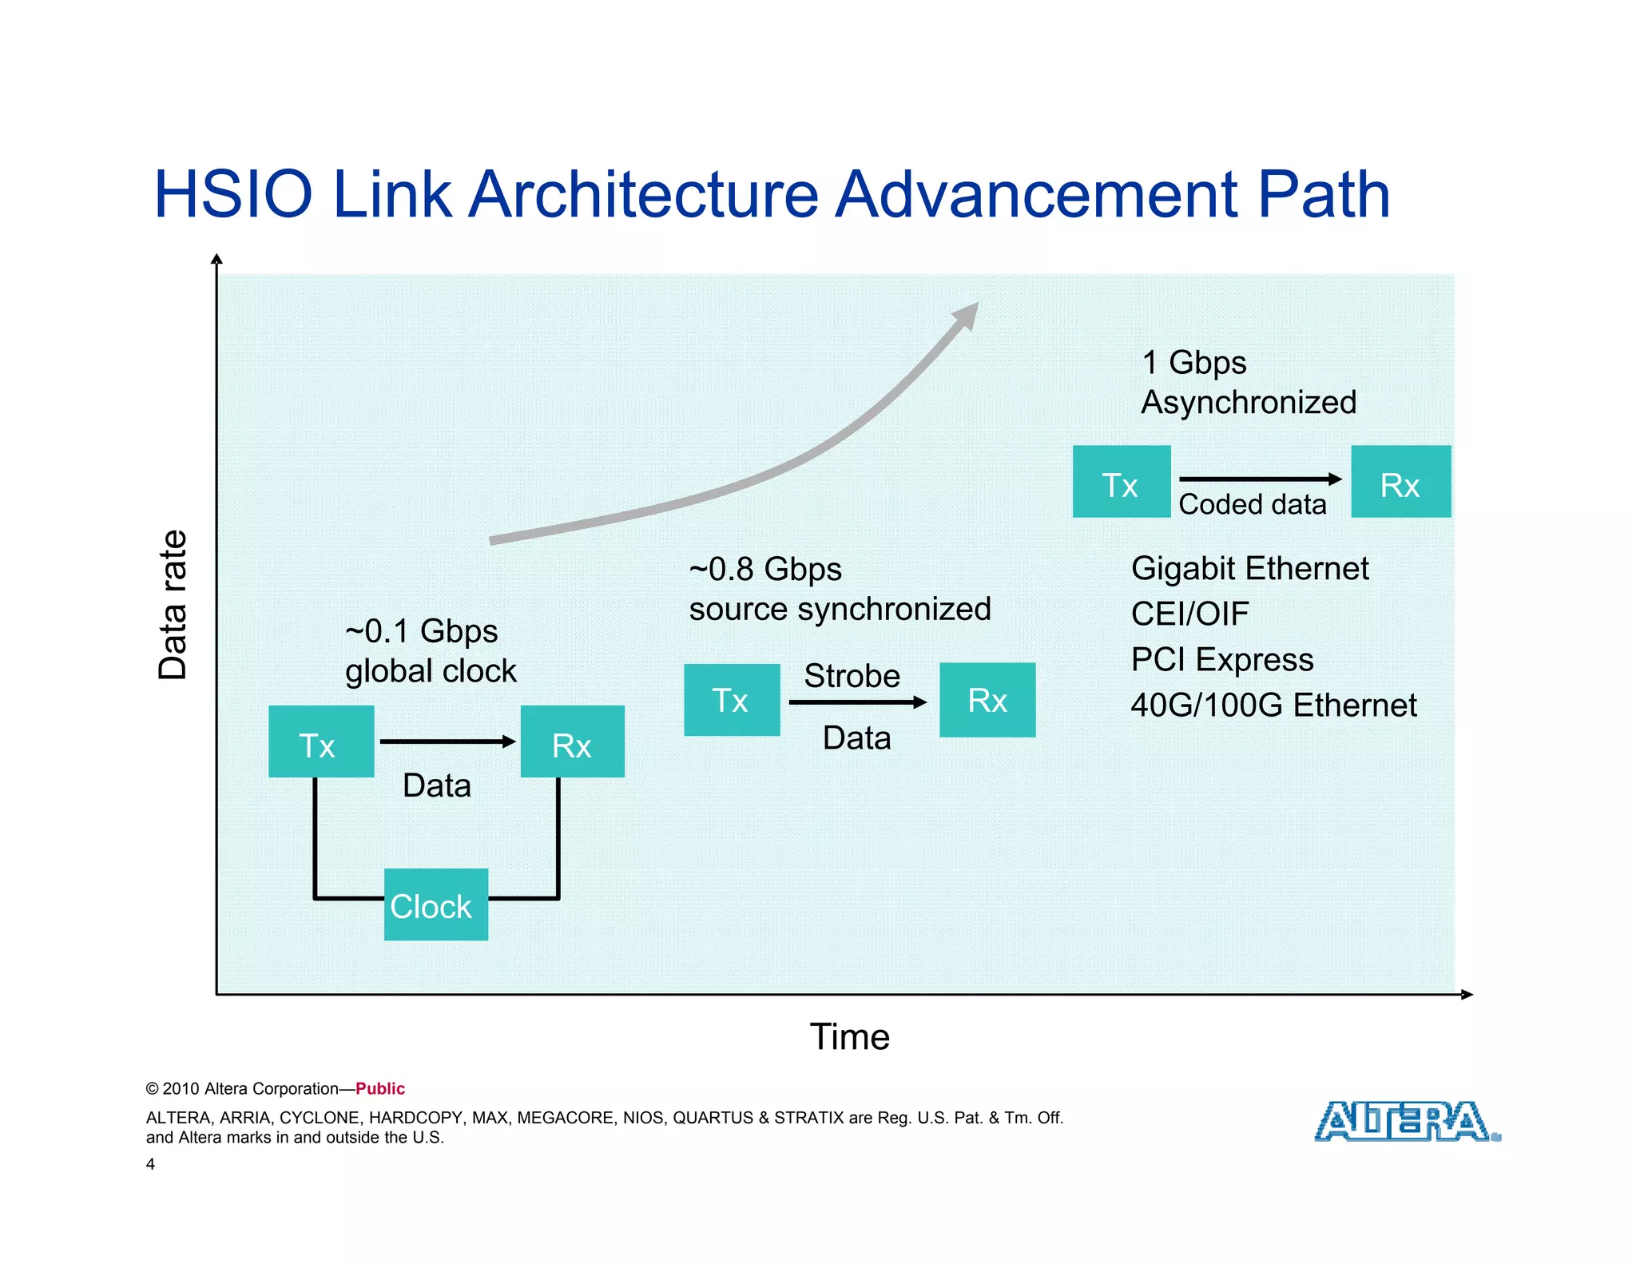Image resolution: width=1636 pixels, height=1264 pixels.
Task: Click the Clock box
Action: pyautogui.click(x=435, y=904)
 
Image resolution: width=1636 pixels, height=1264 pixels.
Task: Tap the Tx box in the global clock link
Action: pyautogui.click(x=321, y=741)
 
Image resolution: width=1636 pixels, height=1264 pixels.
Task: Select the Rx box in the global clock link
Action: pyautogui.click(x=572, y=741)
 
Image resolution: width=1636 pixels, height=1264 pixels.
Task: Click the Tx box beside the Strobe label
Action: pyautogui.click(x=731, y=700)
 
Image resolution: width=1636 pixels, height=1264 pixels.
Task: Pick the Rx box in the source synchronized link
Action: pyautogui.click(x=987, y=700)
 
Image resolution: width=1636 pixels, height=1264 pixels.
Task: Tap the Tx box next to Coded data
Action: pyautogui.click(x=1121, y=482)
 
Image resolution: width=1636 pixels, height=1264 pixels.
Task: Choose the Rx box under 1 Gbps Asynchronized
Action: pyautogui.click(x=1400, y=482)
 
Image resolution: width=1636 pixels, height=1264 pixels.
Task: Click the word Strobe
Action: pyautogui.click(x=852, y=676)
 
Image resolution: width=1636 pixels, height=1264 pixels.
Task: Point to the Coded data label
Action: pyautogui.click(x=1252, y=505)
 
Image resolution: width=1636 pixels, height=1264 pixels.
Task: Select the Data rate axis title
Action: pyautogui.click(x=173, y=605)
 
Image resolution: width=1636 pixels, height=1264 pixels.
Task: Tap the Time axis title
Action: pyautogui.click(x=849, y=1037)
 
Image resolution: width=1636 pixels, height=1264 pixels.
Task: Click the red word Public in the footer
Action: pyautogui.click(x=380, y=1088)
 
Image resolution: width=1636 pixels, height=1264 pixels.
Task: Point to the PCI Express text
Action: pyautogui.click(x=1221, y=660)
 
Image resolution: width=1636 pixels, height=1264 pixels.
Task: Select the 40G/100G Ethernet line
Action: pyautogui.click(x=1273, y=706)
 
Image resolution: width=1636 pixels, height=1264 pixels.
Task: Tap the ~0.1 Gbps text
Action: pyautogui.click(x=421, y=631)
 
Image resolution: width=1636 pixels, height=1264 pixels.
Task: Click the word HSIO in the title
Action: pyautogui.click(x=232, y=194)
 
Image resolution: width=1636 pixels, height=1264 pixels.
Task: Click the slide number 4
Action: pyautogui.click(x=150, y=1164)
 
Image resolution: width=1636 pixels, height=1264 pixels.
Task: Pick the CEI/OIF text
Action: pyautogui.click(x=1189, y=614)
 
